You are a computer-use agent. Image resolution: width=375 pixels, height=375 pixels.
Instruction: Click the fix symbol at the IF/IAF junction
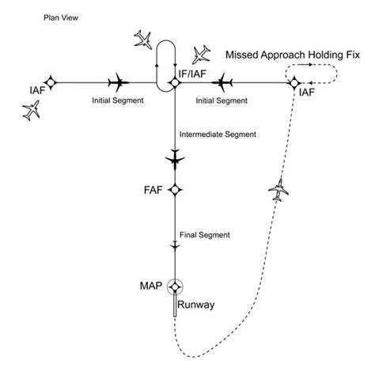point(174,82)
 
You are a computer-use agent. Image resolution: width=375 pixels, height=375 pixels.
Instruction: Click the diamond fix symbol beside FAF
point(174,190)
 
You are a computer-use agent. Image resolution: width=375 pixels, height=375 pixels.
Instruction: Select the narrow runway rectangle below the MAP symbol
point(174,308)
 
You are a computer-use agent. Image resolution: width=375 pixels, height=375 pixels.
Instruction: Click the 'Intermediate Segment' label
point(218,134)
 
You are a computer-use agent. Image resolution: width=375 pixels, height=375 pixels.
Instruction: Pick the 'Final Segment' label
point(205,235)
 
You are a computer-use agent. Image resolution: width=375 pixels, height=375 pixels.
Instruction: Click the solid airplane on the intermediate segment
point(174,158)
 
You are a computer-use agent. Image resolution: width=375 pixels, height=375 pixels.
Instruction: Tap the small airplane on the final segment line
point(174,248)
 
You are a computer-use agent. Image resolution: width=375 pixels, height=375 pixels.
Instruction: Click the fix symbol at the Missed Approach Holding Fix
point(294,82)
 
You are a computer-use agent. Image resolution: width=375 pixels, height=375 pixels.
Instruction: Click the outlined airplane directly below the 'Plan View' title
point(32,111)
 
